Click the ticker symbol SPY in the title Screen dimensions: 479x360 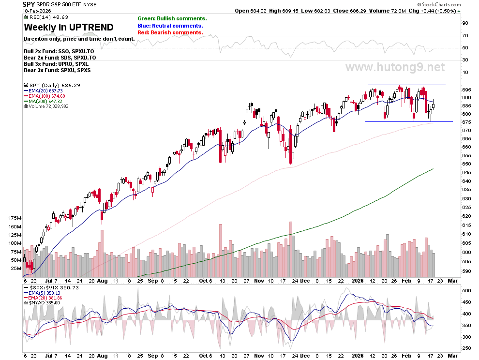[x=29, y=4]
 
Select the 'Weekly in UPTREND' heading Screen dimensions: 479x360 [x=69, y=27]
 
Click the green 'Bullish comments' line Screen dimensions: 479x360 [x=172, y=19]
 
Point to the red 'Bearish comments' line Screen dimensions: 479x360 [x=170, y=32]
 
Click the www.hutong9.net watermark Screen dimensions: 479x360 [x=395, y=67]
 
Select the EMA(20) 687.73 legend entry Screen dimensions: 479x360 [x=43, y=91]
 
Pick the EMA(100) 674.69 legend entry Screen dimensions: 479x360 [x=45, y=96]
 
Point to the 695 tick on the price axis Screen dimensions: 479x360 [x=466, y=90]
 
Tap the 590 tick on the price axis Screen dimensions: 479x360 [x=466, y=271]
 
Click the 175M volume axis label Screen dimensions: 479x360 [x=15, y=218]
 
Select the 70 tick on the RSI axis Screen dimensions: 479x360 [x=465, y=36]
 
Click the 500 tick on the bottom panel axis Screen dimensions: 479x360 [x=466, y=291]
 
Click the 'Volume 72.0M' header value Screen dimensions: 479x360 [x=388, y=11]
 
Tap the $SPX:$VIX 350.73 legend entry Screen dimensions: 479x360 [x=51, y=287]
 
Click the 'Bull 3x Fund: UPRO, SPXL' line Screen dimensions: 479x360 [x=56, y=64]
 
